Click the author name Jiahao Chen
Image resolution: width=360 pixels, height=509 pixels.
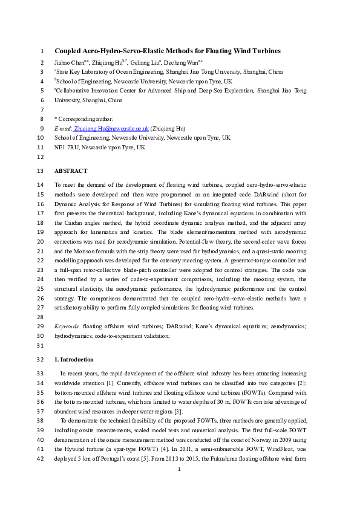point(70,62)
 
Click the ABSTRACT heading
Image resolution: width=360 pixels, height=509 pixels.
point(71,171)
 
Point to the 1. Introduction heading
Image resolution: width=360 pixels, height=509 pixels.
point(74,359)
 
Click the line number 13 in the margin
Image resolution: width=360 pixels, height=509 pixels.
point(41,171)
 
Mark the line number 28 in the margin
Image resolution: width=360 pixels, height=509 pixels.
point(41,317)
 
